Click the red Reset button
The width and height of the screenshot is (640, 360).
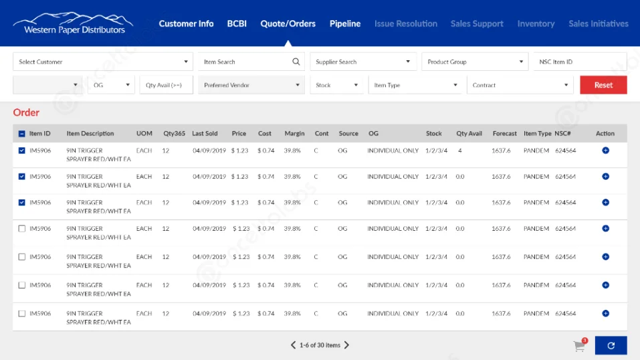pyautogui.click(x=603, y=85)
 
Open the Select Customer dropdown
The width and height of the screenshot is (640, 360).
pyautogui.click(x=103, y=62)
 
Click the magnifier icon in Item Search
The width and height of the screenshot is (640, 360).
pyautogui.click(x=296, y=62)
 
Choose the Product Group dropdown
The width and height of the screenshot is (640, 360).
pyautogui.click(x=475, y=62)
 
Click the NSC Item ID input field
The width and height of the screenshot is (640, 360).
pyautogui.click(x=579, y=62)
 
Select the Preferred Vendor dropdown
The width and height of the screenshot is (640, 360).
pyautogui.click(x=251, y=85)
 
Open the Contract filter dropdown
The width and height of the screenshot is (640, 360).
pyautogui.click(x=520, y=85)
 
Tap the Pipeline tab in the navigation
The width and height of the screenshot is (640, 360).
pyautogui.click(x=345, y=23)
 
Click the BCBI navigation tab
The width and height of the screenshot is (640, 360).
pyautogui.click(x=237, y=23)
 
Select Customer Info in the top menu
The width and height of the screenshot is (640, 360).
pyautogui.click(x=186, y=23)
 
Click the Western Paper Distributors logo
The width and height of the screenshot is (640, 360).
pyautogui.click(x=74, y=23)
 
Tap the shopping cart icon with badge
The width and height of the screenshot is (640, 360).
pyautogui.click(x=579, y=346)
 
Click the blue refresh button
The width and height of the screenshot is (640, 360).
pyautogui.click(x=611, y=345)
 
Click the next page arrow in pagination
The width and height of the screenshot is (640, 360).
pyautogui.click(x=346, y=345)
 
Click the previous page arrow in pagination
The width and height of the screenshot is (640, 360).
pyautogui.click(x=293, y=345)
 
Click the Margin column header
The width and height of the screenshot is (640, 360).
pyautogui.click(x=295, y=133)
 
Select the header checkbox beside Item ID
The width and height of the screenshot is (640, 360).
pyautogui.click(x=22, y=133)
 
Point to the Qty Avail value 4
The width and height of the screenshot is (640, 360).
pyautogui.click(x=460, y=151)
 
